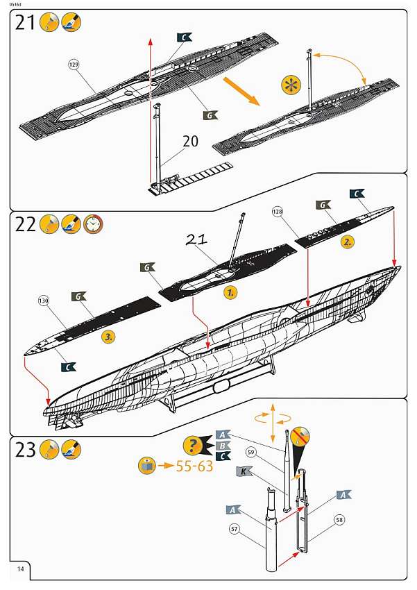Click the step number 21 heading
26,23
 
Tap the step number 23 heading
25,450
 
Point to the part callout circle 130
44,301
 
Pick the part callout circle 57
235,528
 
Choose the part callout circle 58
339,518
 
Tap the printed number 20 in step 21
190,142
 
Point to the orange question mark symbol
192,446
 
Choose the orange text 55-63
184,466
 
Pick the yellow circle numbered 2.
348,242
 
